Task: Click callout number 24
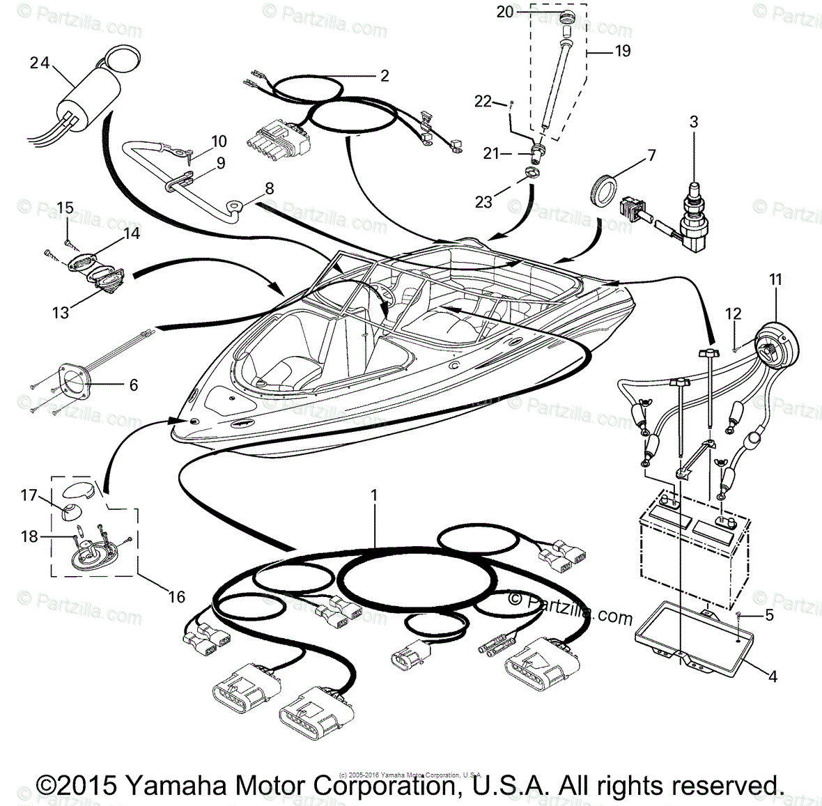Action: click(40, 63)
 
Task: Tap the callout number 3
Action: click(693, 122)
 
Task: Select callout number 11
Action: click(775, 279)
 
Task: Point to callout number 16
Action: click(177, 596)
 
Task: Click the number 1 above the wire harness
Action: click(374, 495)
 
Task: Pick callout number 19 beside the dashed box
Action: click(622, 51)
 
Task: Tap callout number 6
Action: click(134, 385)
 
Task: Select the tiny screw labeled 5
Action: click(738, 614)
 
